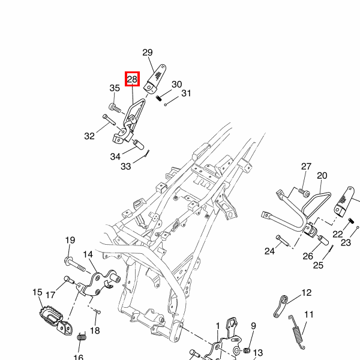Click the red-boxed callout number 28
coord(132,79)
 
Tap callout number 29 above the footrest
coord(148,52)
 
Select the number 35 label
coord(115,89)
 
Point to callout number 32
coord(89,136)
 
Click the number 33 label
coord(125,166)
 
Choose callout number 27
coord(306,167)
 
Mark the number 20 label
coord(322,176)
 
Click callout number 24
coord(269,250)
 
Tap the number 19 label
coord(70,241)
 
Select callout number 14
coord(88,254)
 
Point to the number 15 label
coord(37,292)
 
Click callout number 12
coord(307,293)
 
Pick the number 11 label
coord(309,314)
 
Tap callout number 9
coord(253,326)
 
